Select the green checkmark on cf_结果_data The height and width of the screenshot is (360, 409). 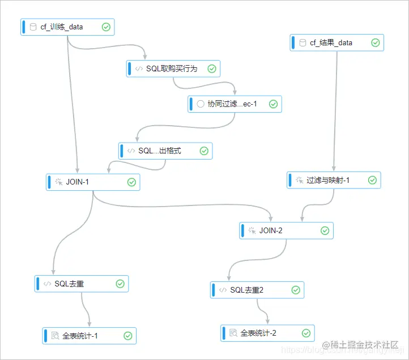pyautogui.click(x=375, y=42)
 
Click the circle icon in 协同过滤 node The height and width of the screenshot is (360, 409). pyautogui.click(x=200, y=104)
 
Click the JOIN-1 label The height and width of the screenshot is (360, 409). pyautogui.click(x=78, y=182)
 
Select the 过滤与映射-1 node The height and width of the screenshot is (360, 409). pyautogui.click(x=328, y=180)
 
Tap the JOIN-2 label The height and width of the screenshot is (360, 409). pyautogui.click(x=271, y=230)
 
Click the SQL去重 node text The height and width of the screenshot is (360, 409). pyautogui.click(x=69, y=284)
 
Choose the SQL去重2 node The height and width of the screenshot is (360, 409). pyautogui.click(x=247, y=290)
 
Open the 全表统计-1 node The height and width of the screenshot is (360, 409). pyautogui.click(x=80, y=336)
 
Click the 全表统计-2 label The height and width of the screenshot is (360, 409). pyautogui.click(x=258, y=333)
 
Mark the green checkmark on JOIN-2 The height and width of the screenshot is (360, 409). pyautogui.click(x=325, y=230)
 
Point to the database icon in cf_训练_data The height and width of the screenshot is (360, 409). pyautogui.click(x=33, y=27)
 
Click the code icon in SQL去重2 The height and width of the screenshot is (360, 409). pyautogui.click(x=223, y=290)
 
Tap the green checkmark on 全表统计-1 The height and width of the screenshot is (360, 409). pyautogui.click(x=128, y=336)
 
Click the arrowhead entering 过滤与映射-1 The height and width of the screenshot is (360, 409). pyautogui.click(x=333, y=169)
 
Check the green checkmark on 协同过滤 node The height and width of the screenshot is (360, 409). pyautogui.click(x=272, y=104)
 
